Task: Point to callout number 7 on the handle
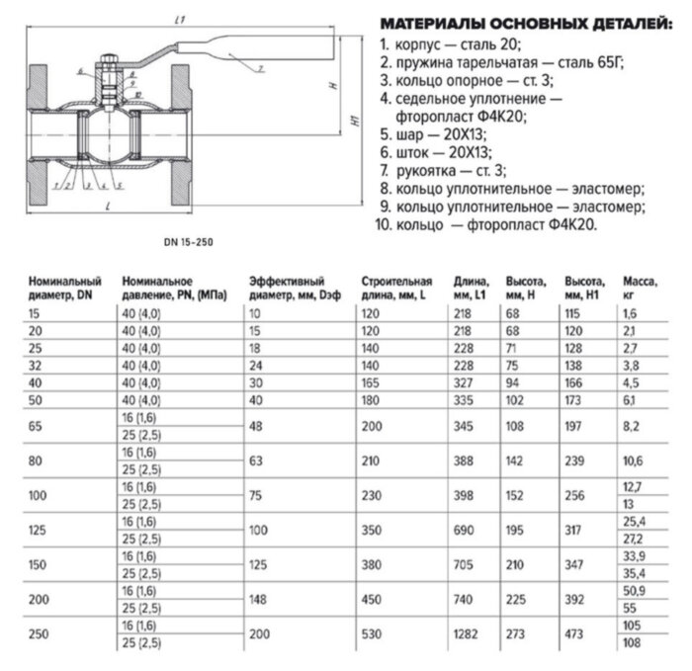click(x=258, y=68)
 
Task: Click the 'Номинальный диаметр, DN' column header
click(x=65, y=288)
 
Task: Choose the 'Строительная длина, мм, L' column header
click(x=396, y=288)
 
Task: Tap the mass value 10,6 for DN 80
click(x=633, y=460)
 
